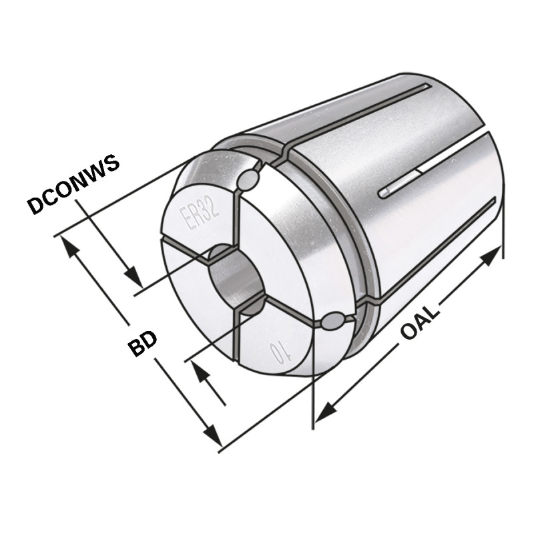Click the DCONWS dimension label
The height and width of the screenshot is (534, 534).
click(x=73, y=184)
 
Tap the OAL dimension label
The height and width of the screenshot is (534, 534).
click(x=421, y=321)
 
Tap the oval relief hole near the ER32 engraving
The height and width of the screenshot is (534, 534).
click(x=248, y=179)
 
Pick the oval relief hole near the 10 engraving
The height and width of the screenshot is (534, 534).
click(x=332, y=322)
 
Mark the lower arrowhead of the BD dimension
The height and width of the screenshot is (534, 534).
click(x=212, y=437)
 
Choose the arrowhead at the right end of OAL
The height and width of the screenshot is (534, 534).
click(x=492, y=254)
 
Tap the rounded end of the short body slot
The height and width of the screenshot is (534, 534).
click(x=383, y=194)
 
